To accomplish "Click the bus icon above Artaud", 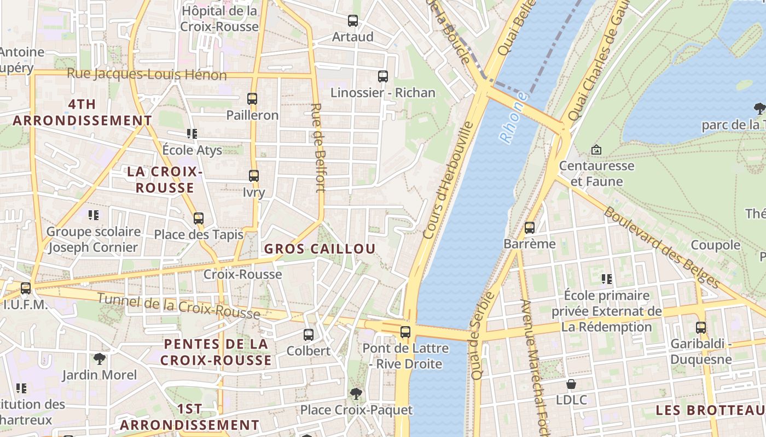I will [x=353, y=21].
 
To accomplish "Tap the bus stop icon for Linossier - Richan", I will [x=383, y=76].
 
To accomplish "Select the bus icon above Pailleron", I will [x=252, y=99].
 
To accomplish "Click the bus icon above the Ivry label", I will [x=254, y=176].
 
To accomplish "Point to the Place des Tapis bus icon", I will [x=199, y=218].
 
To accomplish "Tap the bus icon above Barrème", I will [x=530, y=228].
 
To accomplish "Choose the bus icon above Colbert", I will [x=309, y=334].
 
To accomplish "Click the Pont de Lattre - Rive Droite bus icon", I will [x=405, y=332].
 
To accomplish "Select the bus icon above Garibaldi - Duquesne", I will [x=701, y=328].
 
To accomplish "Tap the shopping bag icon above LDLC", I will [x=571, y=384].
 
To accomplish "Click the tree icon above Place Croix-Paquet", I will [x=356, y=393].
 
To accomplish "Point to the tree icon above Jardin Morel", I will [x=100, y=359].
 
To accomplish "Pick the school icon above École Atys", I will [x=191, y=133].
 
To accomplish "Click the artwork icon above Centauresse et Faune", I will [x=596, y=149].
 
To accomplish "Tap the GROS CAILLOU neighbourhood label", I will [x=320, y=249].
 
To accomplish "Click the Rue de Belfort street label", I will [x=318, y=147].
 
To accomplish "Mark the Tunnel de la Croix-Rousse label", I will [x=178, y=306].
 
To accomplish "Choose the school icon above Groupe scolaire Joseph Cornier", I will [x=94, y=215].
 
